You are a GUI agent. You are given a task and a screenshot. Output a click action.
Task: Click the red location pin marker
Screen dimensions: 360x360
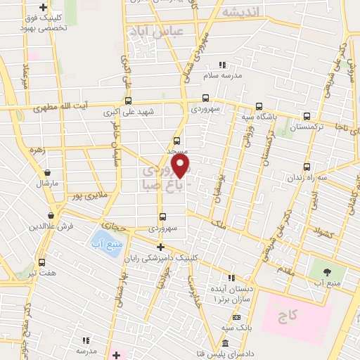[x=181, y=166]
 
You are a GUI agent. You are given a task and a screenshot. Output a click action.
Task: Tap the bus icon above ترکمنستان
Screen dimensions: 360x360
[x=306, y=116]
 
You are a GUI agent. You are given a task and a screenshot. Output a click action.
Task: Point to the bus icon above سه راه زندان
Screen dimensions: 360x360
[x=307, y=167]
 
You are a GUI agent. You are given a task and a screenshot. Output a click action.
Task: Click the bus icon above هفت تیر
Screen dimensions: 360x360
[x=41, y=262]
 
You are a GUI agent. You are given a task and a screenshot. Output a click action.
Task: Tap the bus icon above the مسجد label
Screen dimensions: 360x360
[x=176, y=140]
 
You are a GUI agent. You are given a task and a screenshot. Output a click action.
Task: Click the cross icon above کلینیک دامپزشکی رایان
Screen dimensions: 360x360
[x=161, y=247]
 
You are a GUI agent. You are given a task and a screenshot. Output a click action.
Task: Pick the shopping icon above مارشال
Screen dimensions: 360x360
[x=46, y=172]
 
